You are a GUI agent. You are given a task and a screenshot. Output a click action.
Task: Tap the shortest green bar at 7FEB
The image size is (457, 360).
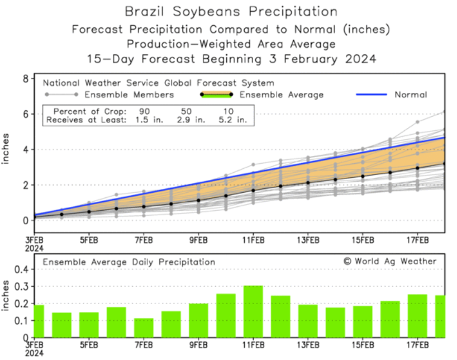(x=144, y=328)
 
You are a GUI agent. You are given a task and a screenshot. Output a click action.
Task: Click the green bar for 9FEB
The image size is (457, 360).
(x=198, y=320)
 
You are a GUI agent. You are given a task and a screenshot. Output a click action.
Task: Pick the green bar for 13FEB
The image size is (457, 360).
(x=308, y=321)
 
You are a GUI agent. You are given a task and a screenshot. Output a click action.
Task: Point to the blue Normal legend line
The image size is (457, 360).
(x=372, y=94)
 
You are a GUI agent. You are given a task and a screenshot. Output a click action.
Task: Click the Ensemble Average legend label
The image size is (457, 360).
(x=282, y=94)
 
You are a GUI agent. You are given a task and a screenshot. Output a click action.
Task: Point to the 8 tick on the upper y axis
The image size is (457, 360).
(x=26, y=79)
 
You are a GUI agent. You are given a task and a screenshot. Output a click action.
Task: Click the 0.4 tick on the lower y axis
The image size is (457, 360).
(x=22, y=269)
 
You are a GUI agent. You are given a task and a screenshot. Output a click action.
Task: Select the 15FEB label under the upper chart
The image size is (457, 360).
(x=363, y=240)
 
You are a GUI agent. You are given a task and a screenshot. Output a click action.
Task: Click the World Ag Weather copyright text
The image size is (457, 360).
(x=389, y=261)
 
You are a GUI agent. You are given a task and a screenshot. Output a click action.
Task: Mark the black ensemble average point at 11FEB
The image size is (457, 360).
(x=253, y=190)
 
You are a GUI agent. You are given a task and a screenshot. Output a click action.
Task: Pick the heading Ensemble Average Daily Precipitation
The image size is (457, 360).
(x=128, y=261)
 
